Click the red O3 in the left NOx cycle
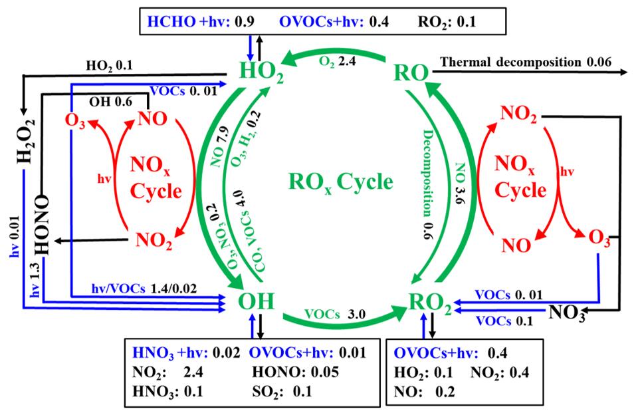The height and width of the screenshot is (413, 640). (x=74, y=123)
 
